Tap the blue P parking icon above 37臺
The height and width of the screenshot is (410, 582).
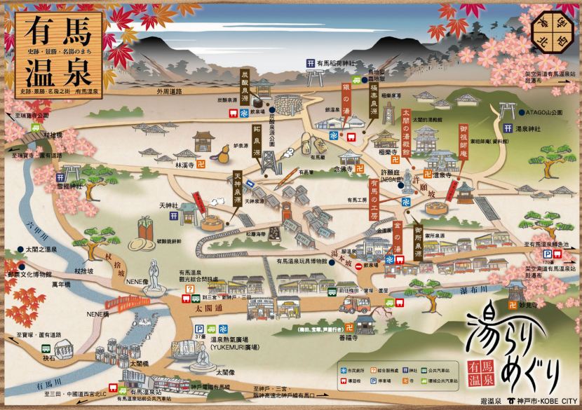click(x=198, y=328)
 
